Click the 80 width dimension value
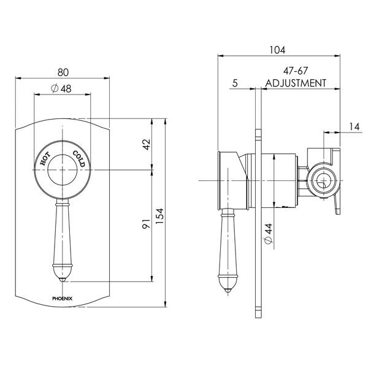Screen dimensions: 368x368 tap(61, 70)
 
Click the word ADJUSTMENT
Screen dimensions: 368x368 tap(295, 83)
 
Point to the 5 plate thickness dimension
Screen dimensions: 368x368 tap(235, 83)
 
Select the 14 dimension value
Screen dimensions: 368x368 tap(354, 126)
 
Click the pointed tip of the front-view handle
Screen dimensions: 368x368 tap(61, 280)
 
